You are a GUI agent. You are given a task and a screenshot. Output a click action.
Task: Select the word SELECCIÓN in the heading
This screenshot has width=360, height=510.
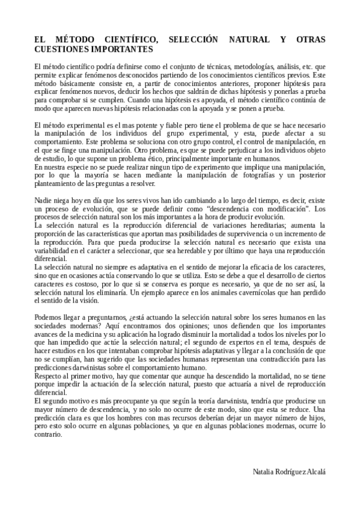click(198, 40)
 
